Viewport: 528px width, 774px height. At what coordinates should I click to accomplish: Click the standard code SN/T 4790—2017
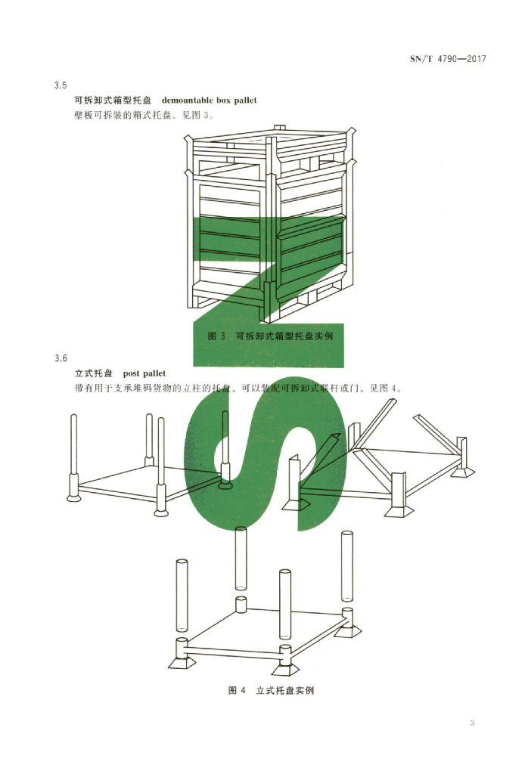[448, 59]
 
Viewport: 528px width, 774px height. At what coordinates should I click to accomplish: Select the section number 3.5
[61, 85]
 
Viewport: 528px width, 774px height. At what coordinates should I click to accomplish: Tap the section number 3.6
[61, 358]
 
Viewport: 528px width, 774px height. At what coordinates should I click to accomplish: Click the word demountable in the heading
[186, 101]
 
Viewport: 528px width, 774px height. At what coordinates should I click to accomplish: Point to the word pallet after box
[246, 101]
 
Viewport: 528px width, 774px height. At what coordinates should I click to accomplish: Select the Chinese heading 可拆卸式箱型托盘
[113, 101]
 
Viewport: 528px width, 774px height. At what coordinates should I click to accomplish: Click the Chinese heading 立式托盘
[93, 373]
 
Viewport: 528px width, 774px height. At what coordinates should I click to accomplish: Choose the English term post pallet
[144, 373]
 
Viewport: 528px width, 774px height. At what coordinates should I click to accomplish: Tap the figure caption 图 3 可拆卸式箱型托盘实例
[270, 336]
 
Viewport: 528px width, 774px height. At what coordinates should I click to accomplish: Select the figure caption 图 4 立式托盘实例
[271, 690]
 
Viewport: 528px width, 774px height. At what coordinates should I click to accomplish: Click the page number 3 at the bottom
[472, 723]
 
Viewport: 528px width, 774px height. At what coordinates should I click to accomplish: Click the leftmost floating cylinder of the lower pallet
[182, 596]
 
